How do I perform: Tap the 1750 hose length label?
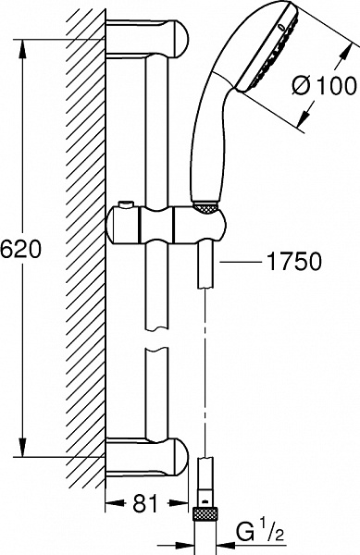click(295, 262)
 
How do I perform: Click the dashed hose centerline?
click(205, 388)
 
